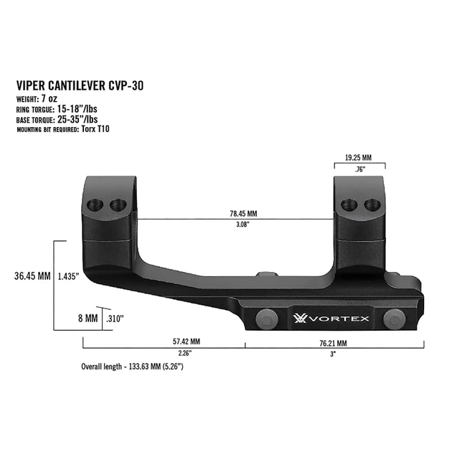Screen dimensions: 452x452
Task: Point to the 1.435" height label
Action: pyautogui.click(x=68, y=276)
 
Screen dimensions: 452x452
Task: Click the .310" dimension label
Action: pyautogui.click(x=113, y=317)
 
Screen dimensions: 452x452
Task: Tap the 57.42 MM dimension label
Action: pyautogui.click(x=184, y=342)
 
